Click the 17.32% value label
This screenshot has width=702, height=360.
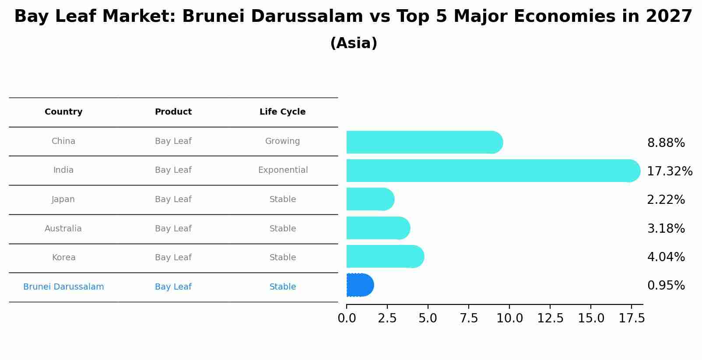[x=670, y=171]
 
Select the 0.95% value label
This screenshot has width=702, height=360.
[x=666, y=286]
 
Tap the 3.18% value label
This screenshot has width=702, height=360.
[x=666, y=228]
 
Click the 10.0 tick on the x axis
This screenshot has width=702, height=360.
[x=509, y=318]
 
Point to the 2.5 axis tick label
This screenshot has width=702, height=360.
[x=387, y=318]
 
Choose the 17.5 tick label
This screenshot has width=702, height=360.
[x=632, y=318]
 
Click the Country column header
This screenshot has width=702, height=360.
[x=63, y=112]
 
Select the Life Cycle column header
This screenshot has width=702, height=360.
[x=282, y=112]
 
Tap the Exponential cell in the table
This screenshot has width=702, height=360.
[x=283, y=170]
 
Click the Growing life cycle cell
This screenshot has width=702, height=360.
[x=282, y=141]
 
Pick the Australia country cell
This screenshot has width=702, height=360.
[x=63, y=228]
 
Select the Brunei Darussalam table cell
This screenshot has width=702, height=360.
[x=63, y=287]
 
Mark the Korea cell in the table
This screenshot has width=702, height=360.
[x=63, y=258]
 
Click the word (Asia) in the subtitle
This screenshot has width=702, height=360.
[x=354, y=43]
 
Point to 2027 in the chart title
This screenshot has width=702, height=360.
[x=669, y=17]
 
